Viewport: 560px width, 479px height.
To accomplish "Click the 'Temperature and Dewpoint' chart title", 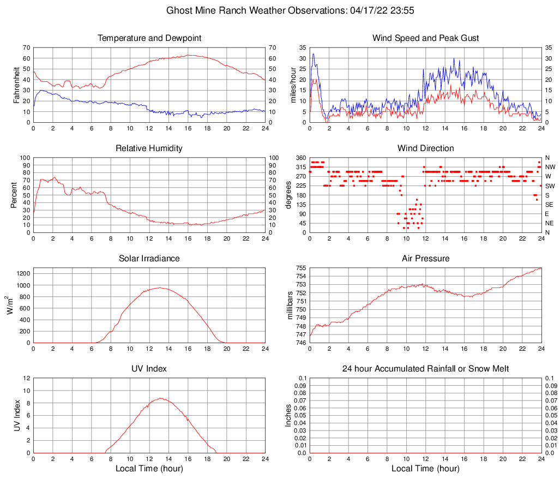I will [x=149, y=38].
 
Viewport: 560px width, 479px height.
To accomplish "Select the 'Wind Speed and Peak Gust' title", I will [x=425, y=38].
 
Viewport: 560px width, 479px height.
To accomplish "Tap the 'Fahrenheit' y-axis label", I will [x=16, y=85].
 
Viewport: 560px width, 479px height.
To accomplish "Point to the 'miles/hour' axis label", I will [x=293, y=85].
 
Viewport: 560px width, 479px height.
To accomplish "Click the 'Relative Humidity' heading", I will [x=149, y=148].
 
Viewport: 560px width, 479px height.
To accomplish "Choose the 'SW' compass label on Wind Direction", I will [x=550, y=186].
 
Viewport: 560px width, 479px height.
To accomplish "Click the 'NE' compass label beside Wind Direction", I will [x=550, y=223].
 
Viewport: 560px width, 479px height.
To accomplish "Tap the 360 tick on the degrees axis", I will [x=301, y=158].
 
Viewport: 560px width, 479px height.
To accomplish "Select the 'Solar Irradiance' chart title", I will [x=149, y=259].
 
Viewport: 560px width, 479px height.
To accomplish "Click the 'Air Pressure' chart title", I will [x=425, y=259].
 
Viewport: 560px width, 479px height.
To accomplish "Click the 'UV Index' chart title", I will [x=149, y=369].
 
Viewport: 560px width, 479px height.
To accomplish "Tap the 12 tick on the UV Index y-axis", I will [x=27, y=378].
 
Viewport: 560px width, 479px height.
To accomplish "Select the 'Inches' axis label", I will [x=289, y=416].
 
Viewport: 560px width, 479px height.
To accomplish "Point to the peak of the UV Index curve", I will [x=160, y=398].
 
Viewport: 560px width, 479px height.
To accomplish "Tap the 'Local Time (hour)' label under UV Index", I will [x=149, y=469].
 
